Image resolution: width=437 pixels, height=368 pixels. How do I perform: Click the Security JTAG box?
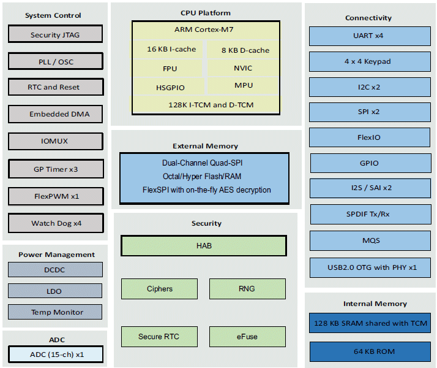point(55,35)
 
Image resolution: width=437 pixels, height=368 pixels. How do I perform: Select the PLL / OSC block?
point(55,61)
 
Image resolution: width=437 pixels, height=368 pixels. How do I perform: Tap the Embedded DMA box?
point(55,114)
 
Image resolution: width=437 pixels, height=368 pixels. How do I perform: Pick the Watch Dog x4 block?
point(56,223)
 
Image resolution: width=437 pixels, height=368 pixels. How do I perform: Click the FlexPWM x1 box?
point(56,197)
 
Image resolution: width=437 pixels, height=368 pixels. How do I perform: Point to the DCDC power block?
point(55,269)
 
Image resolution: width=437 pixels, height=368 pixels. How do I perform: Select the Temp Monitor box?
point(55,312)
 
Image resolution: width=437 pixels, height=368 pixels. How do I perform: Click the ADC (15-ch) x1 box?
point(55,355)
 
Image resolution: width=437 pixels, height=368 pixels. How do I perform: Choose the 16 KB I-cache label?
point(171,49)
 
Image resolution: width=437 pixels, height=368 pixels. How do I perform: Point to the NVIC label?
point(243,68)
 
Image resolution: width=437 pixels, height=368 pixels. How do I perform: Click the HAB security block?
point(204,246)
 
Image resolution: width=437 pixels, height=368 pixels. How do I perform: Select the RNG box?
point(247,289)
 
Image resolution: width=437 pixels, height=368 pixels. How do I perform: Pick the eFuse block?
point(247,337)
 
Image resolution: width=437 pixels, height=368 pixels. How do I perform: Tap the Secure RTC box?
point(159,337)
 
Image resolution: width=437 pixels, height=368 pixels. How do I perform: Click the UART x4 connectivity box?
point(368,36)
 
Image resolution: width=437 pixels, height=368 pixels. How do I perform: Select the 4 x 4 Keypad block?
point(368,61)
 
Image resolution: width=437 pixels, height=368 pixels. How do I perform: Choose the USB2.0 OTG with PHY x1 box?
point(372,267)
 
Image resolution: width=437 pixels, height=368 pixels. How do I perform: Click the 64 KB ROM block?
point(372,351)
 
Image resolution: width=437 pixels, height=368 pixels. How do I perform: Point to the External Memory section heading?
point(206,146)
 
